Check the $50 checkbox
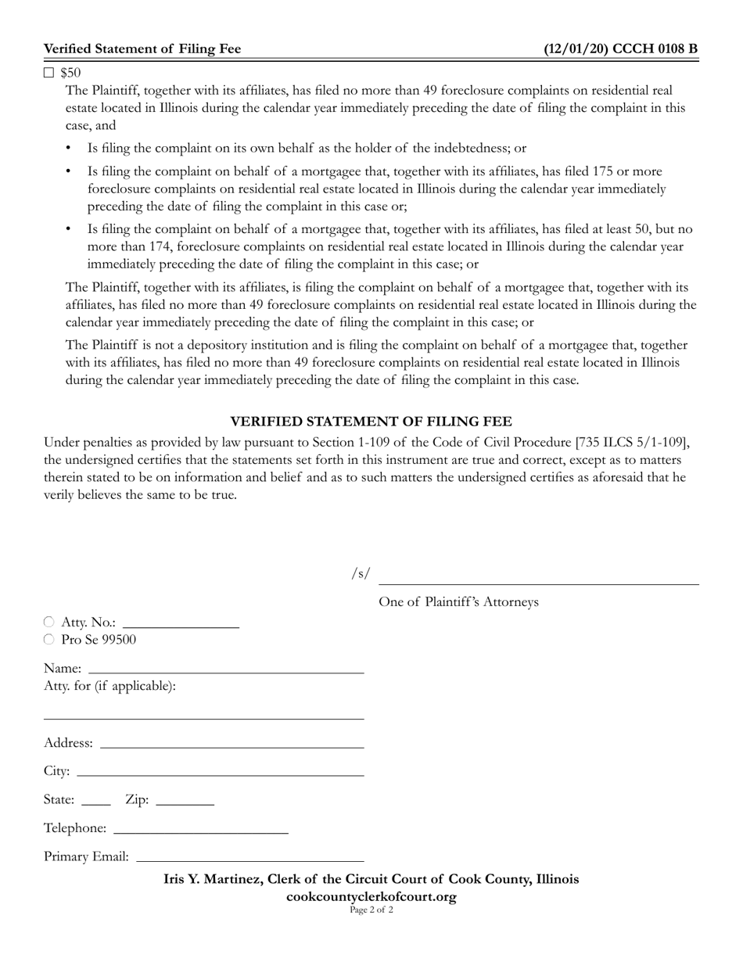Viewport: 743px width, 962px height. pos(49,73)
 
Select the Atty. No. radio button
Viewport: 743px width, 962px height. pos(49,622)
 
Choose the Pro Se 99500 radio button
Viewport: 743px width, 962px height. pos(49,639)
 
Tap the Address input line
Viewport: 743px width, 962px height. pos(232,742)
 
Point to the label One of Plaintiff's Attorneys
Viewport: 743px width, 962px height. pos(458,601)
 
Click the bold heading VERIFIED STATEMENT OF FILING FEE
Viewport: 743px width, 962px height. pos(371,422)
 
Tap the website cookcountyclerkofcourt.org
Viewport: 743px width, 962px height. pos(371,896)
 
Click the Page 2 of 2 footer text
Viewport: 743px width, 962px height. pos(371,910)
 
